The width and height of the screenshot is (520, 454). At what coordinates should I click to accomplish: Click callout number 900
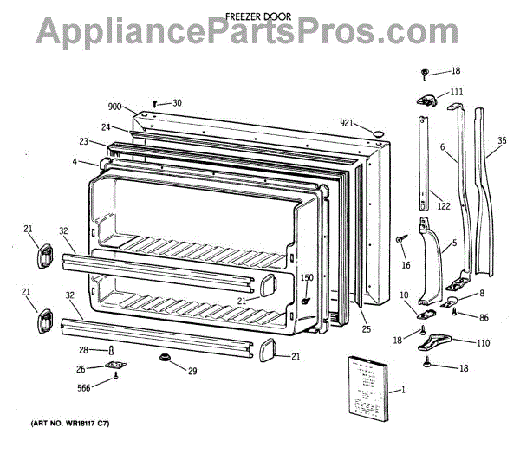(114, 107)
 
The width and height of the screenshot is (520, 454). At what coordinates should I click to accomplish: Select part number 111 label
(457, 92)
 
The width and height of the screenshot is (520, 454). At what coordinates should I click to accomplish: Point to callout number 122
(443, 205)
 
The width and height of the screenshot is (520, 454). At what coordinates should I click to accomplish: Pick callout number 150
(306, 277)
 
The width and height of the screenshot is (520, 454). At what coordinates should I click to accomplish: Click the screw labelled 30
(154, 104)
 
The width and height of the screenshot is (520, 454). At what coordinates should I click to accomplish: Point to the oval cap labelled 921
(376, 131)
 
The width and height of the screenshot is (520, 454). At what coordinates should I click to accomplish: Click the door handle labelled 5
(431, 260)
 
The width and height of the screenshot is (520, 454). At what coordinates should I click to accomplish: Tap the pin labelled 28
(113, 349)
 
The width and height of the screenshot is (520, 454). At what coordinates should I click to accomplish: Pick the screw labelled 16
(401, 238)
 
